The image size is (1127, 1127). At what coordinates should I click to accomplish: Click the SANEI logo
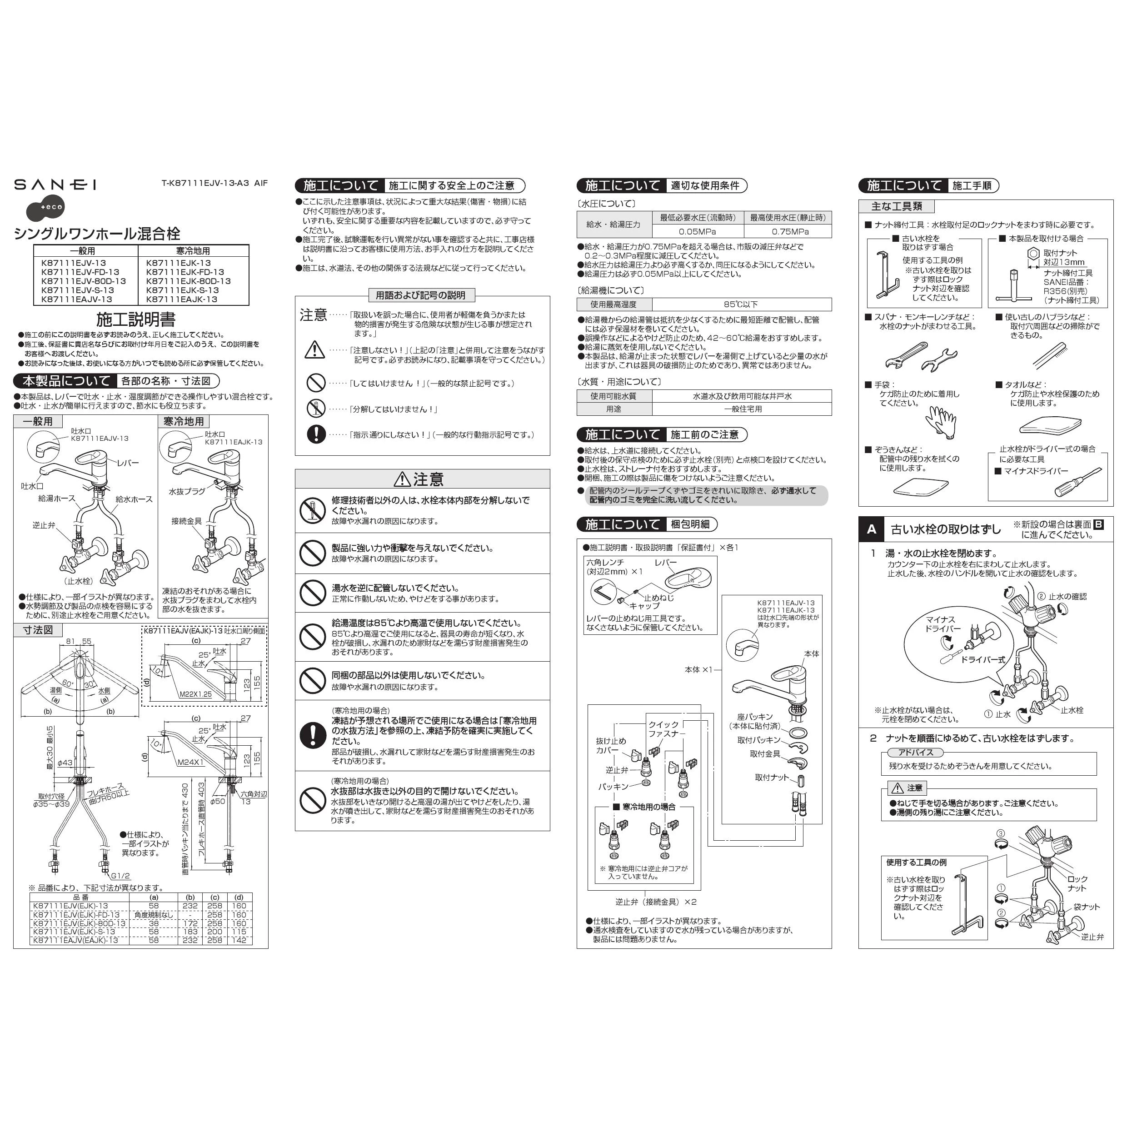55,185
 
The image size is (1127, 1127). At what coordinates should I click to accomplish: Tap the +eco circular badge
45,207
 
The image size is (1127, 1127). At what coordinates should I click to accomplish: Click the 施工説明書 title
135,319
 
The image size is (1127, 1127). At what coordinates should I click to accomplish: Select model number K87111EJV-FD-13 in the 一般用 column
80,272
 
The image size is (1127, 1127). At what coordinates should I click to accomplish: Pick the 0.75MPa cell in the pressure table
788,232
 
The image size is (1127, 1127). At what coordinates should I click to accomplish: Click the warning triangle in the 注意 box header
402,479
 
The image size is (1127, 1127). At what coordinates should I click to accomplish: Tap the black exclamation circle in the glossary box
315,434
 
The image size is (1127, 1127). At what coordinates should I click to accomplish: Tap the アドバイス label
915,753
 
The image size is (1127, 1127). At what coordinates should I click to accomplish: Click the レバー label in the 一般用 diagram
128,463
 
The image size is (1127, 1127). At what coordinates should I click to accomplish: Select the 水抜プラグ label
187,492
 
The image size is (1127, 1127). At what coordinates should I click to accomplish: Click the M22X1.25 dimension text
195,694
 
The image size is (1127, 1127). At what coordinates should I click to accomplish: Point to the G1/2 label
121,876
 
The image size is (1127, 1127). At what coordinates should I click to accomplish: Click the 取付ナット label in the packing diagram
771,778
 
